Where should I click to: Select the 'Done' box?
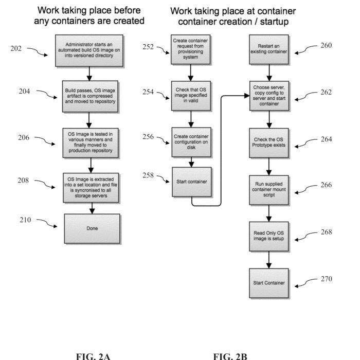tap(92, 229)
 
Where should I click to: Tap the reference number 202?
tap(16, 49)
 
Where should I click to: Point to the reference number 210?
tap(25, 220)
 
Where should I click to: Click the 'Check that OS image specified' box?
tap(191, 95)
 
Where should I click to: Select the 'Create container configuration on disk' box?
tap(191, 141)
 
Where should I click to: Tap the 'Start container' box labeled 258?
tap(191, 182)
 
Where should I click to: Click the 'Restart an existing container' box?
tap(269, 48)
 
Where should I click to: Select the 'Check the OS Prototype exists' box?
tap(269, 142)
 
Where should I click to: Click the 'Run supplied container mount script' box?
tap(269, 189)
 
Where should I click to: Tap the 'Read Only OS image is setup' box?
tap(269, 236)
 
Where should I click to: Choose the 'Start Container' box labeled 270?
tap(269, 283)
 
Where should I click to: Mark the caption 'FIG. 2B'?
tap(230, 355)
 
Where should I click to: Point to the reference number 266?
tap(325, 185)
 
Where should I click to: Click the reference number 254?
tap(149, 92)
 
